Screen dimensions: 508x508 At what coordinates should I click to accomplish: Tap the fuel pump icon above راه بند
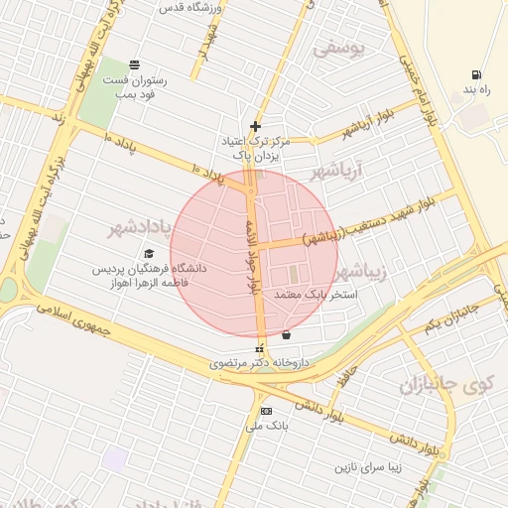(x=477, y=74)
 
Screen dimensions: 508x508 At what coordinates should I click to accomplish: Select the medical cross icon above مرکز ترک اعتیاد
(x=256, y=126)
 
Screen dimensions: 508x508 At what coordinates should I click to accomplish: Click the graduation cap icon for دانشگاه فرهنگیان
(x=149, y=254)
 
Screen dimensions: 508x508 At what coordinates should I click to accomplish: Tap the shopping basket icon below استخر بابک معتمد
(x=287, y=335)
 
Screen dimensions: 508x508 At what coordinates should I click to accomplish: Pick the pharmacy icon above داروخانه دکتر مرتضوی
(x=260, y=349)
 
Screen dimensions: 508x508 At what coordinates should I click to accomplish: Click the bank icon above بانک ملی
(x=265, y=411)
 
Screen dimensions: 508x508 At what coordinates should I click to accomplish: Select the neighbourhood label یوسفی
(x=338, y=46)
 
